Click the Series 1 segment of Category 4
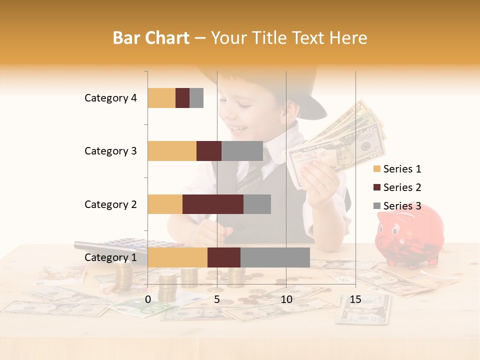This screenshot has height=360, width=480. pyautogui.click(x=161, y=98)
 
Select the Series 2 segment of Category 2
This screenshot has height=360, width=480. pyautogui.click(x=213, y=204)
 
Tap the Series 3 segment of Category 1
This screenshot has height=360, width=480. pyautogui.click(x=275, y=257)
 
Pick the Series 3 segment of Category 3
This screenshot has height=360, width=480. pyautogui.click(x=242, y=151)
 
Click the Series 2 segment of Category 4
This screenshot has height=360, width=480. pyautogui.click(x=182, y=98)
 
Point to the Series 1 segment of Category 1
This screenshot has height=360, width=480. pyautogui.click(x=177, y=257)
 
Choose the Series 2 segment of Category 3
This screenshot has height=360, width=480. pyautogui.click(x=209, y=151)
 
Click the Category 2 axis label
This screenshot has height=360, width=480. pyautogui.click(x=110, y=204)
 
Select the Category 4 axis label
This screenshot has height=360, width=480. pyautogui.click(x=110, y=98)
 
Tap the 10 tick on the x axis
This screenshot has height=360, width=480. pyautogui.click(x=286, y=299)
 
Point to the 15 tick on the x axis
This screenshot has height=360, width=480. pyautogui.click(x=355, y=299)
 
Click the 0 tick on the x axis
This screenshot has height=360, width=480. pyautogui.click(x=148, y=299)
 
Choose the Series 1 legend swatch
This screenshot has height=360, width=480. pyautogui.click(x=377, y=169)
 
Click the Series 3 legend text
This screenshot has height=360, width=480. pyautogui.click(x=402, y=206)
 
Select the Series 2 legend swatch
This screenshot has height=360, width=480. pyautogui.click(x=377, y=187)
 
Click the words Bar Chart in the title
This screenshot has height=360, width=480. pyautogui.click(x=151, y=38)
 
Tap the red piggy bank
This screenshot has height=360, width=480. pyautogui.click(x=409, y=235)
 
